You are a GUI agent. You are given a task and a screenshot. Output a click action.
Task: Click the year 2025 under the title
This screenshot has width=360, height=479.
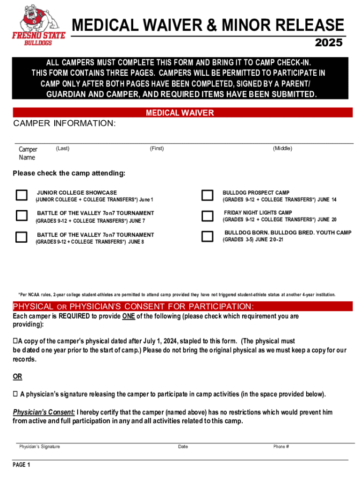click(x=329, y=43)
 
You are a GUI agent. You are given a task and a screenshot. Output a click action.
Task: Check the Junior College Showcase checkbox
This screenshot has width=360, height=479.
click(x=22, y=195)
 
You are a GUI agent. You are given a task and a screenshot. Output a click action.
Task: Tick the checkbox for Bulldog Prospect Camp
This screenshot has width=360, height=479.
click(x=207, y=195)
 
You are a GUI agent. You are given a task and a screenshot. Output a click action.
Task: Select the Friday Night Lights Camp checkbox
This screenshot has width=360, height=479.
click(x=207, y=216)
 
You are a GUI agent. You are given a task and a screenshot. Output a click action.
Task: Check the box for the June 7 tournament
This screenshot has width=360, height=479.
click(x=22, y=216)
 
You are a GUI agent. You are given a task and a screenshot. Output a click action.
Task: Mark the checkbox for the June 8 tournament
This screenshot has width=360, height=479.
click(x=22, y=237)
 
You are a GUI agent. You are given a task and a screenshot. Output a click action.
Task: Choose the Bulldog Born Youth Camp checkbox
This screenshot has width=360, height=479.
click(x=207, y=236)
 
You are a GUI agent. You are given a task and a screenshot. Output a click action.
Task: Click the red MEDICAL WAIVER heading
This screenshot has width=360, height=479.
click(x=180, y=113)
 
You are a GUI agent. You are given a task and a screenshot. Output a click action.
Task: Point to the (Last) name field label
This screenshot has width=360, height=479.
click(x=63, y=149)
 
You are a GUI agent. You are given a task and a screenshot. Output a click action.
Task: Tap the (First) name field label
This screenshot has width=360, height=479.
click(x=157, y=149)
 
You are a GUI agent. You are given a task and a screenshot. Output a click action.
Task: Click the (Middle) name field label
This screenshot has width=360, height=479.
click(x=282, y=149)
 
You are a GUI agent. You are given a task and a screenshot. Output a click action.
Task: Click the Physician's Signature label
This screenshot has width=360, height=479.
click(x=39, y=447)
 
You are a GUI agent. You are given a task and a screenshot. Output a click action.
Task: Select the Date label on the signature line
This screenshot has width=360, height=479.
click(x=183, y=447)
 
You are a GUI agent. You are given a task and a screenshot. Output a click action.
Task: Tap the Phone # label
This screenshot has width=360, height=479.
click(x=281, y=447)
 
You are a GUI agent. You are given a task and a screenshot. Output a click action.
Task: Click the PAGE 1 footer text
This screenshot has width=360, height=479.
click(x=22, y=465)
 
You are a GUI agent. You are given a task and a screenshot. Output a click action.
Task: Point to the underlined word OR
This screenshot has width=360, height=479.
click(x=17, y=377)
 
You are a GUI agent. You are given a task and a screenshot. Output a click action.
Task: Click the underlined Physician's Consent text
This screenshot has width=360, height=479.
click(x=44, y=412)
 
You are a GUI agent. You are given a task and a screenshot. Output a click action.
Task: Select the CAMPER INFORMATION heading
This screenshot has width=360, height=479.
click(x=64, y=123)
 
